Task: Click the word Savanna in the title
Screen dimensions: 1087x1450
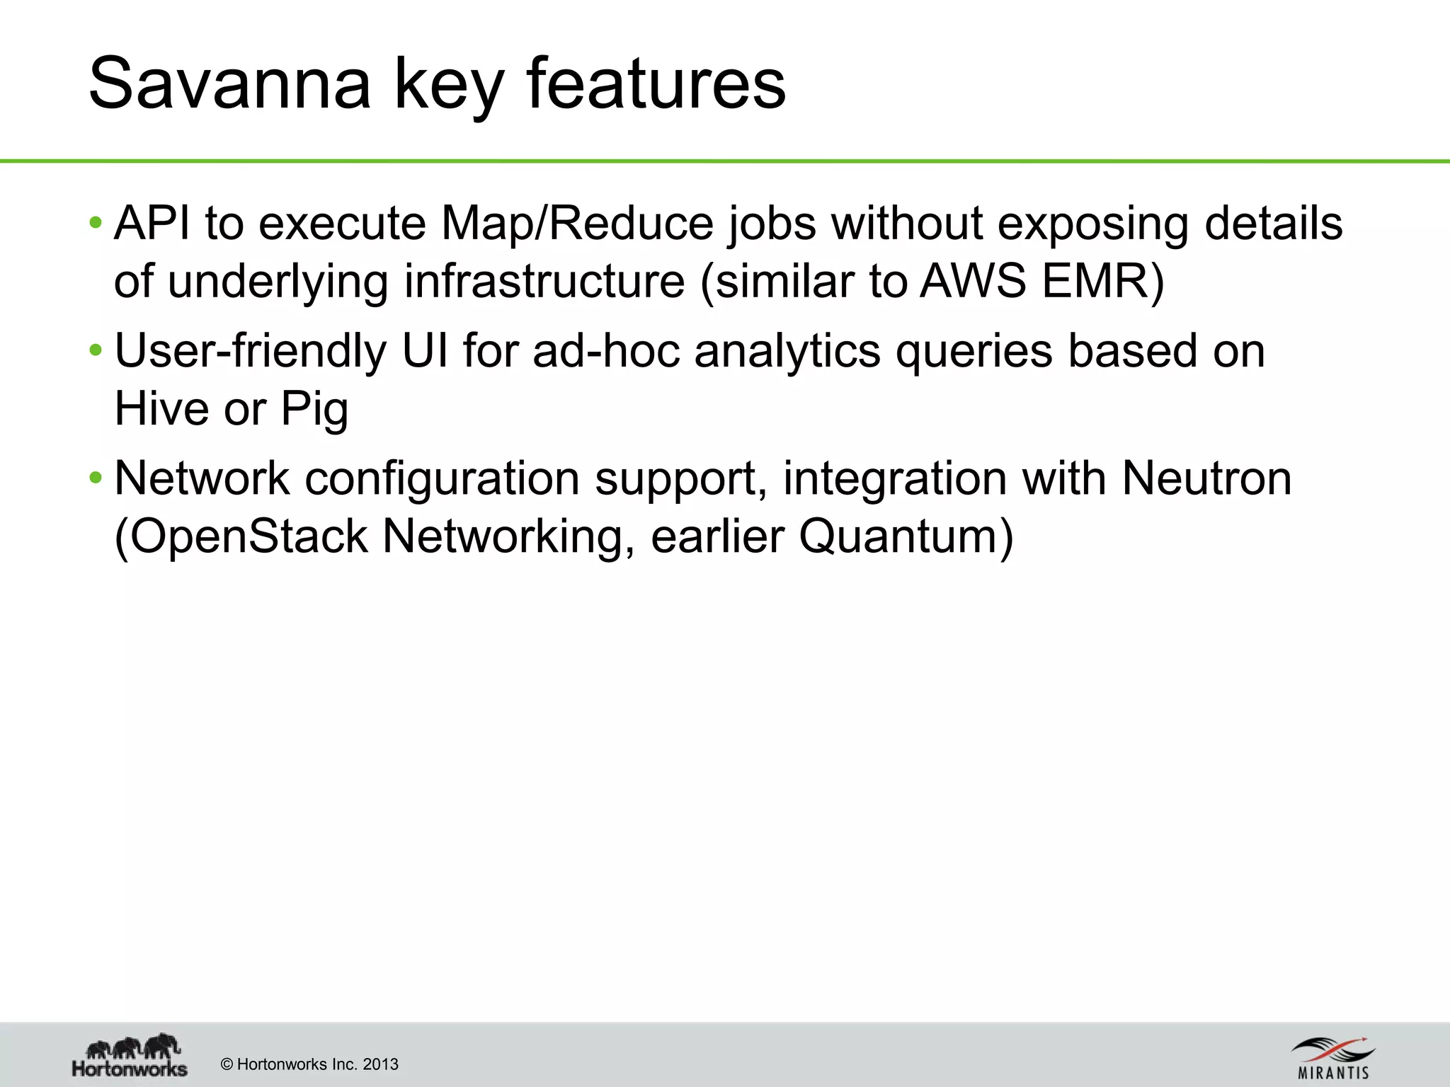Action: click(x=229, y=84)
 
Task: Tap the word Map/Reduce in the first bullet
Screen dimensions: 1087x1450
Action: click(x=577, y=224)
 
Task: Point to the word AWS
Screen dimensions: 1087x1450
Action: click(x=973, y=281)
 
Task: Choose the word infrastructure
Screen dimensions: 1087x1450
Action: click(x=544, y=281)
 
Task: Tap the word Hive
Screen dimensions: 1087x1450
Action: click(x=161, y=408)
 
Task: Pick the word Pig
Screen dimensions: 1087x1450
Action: click(x=314, y=410)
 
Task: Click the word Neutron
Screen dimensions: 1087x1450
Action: click(x=1206, y=478)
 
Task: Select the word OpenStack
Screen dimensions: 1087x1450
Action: click(x=248, y=536)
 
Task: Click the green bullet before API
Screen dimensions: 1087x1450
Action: click(x=96, y=224)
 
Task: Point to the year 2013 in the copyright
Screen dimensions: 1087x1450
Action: click(x=380, y=1064)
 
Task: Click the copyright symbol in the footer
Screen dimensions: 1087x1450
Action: click(x=227, y=1064)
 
